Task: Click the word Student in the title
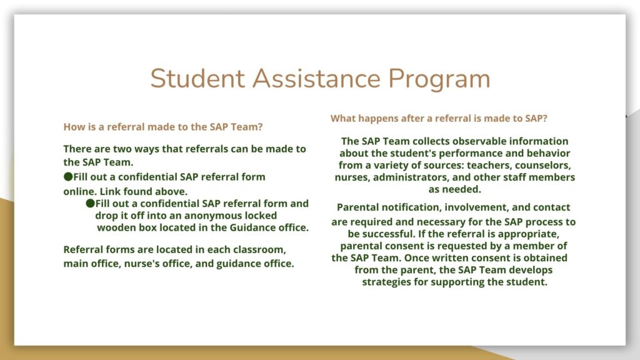[x=197, y=78]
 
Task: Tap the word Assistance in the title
[x=316, y=78]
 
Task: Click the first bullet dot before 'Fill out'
[x=68, y=176]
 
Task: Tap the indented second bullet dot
[x=90, y=203]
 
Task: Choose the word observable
[x=454, y=141]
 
